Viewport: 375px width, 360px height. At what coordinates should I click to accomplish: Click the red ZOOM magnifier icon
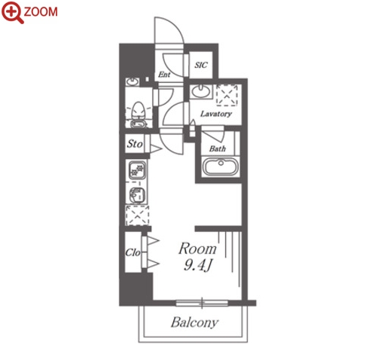12,13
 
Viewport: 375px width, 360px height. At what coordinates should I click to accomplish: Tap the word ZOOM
41,12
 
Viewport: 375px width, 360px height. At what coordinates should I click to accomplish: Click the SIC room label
201,65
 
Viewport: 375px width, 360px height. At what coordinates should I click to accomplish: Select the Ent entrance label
164,75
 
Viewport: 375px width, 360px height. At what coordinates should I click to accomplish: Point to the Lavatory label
216,114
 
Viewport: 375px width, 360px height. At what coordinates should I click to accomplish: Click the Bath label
218,148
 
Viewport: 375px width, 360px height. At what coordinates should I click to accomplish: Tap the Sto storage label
135,144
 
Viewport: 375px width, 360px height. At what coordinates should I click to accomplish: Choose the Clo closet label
133,252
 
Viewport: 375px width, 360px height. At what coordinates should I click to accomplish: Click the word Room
197,249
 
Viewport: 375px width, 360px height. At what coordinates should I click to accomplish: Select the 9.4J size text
198,265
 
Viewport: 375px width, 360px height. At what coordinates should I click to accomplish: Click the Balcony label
194,322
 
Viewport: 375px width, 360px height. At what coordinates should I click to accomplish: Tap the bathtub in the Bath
221,166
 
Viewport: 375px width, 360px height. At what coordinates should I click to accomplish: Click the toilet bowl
139,111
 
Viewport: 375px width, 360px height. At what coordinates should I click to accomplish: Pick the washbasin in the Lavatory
200,91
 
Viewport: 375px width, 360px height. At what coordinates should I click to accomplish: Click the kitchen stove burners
137,169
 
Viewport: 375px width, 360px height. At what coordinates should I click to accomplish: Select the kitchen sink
137,195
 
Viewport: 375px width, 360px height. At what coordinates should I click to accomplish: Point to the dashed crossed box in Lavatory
227,94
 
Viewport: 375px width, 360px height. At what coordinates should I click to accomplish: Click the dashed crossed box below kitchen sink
138,215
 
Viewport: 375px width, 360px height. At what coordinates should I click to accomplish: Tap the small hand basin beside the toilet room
132,81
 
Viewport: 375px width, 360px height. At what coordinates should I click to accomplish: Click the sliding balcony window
202,303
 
